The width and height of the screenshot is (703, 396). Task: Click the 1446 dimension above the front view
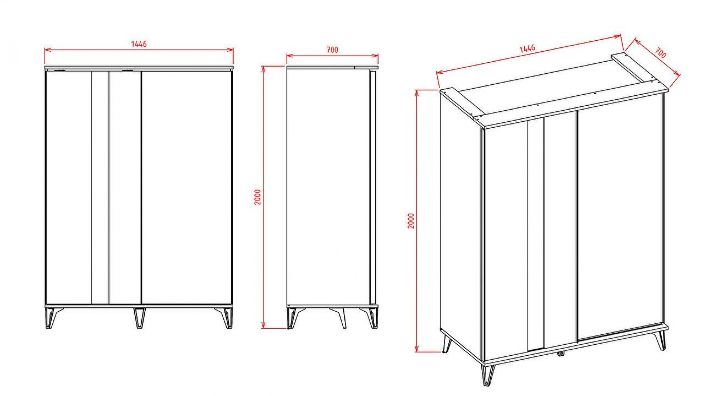pos(139,44)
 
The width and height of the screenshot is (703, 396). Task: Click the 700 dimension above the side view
pos(332,50)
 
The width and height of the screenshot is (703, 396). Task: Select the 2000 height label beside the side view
pos(258,197)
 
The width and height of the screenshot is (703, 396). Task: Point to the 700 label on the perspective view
pos(660,53)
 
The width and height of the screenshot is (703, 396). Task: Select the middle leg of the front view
pos(139,318)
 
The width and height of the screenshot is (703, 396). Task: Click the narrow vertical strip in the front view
pos(100,188)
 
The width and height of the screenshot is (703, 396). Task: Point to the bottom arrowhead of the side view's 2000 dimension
pos(263,325)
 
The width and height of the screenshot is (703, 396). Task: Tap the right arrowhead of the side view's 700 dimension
pos(375,56)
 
